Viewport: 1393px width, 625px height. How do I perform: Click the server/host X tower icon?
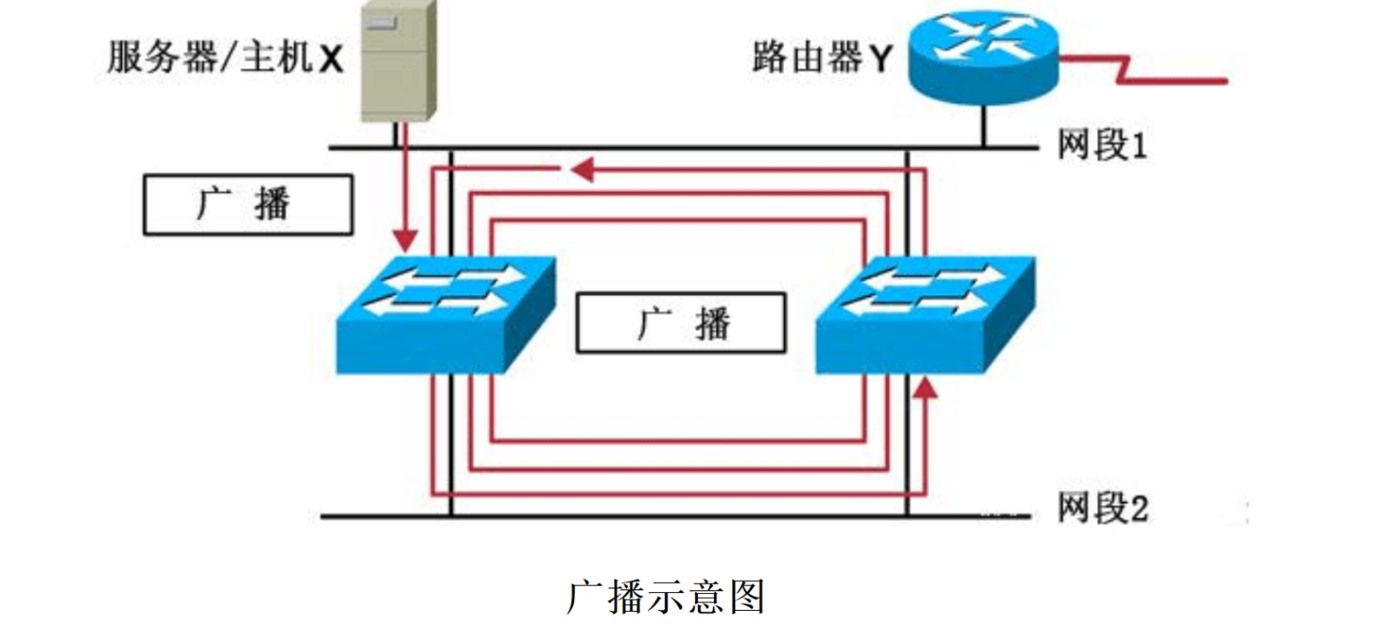pos(399,61)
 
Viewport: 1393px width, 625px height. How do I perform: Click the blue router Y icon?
pos(984,58)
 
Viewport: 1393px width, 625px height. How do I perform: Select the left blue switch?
pos(446,315)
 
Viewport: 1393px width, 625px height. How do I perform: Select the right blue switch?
pos(926,315)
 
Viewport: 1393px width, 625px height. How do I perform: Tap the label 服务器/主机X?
pos(225,57)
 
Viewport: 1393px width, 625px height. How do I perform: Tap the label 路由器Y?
pos(822,57)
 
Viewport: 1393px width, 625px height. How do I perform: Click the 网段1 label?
pos(1103,145)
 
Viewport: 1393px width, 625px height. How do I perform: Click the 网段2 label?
pos(1104,508)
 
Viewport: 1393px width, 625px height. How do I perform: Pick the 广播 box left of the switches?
pos(248,204)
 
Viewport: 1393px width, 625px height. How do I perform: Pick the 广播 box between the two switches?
pos(681,322)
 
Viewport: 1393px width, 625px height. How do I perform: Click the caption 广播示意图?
pos(665,597)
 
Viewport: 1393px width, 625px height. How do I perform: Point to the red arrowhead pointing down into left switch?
pos(406,240)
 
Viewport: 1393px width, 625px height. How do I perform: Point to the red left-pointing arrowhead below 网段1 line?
pos(582,170)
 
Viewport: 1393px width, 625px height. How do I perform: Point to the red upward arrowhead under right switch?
pos(926,388)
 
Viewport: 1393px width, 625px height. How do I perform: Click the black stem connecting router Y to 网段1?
pos(984,126)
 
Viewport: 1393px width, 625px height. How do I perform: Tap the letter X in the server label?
pos(331,59)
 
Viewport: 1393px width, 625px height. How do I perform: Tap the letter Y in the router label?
pos(881,59)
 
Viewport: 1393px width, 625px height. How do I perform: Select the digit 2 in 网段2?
pos(1139,509)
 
